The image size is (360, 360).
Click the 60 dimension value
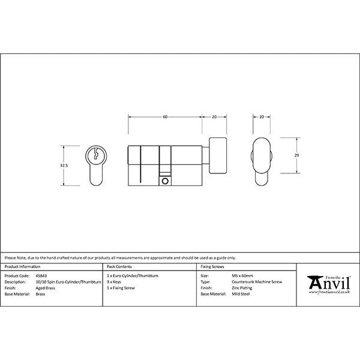point(165,117)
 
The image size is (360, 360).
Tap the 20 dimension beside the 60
point(214,117)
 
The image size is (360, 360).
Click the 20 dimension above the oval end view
point(262,117)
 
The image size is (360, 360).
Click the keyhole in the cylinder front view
point(95,154)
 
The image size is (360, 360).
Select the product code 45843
point(42,275)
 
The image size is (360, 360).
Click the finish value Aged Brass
point(46,289)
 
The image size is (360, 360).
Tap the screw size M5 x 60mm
point(242,275)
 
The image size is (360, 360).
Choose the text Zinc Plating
point(242,289)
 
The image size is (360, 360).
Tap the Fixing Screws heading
point(211,266)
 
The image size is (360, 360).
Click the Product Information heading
point(23,266)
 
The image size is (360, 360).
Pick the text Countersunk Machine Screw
point(256,282)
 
